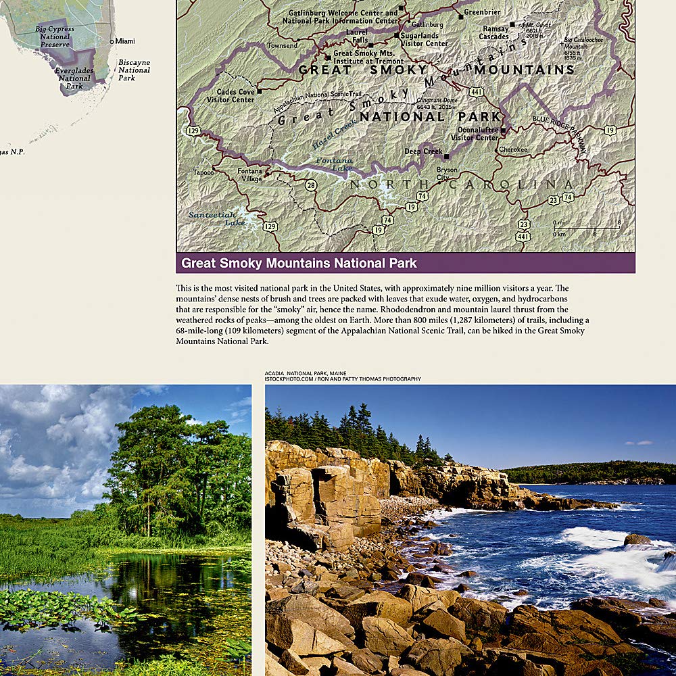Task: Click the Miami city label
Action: [125, 41]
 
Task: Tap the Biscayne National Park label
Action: [135, 70]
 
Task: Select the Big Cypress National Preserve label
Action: [55, 37]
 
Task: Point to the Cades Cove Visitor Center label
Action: [235, 96]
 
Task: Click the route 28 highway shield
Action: [310, 185]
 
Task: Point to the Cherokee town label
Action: [513, 149]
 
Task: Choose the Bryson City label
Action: [447, 174]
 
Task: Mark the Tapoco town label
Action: [203, 172]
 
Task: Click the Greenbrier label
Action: [481, 12]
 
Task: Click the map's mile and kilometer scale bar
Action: [585, 228]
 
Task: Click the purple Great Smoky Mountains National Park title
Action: [299, 263]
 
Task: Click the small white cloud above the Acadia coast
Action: [639, 443]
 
